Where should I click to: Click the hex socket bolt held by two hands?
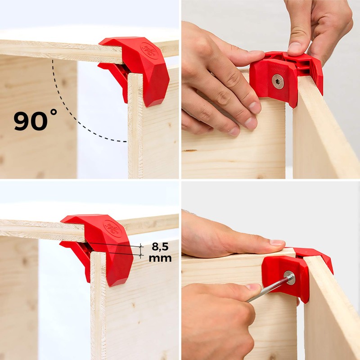pos(278,81)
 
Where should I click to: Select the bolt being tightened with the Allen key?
pos(289,278)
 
